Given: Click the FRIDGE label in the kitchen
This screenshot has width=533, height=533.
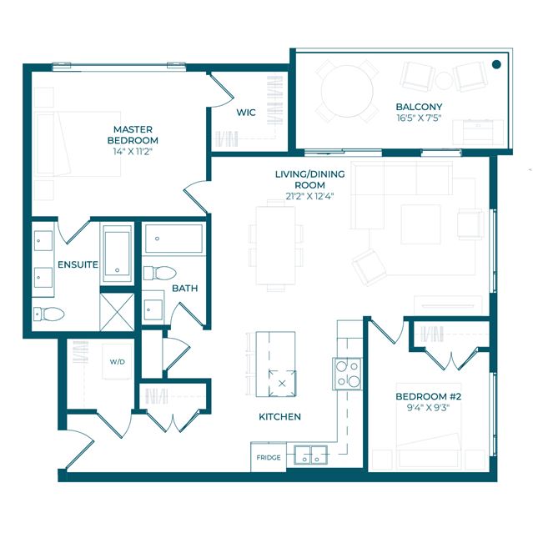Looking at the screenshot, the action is [x=269, y=458].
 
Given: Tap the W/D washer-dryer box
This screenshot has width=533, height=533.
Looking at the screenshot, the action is [x=117, y=362].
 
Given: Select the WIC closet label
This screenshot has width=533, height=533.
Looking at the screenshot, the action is [x=246, y=113].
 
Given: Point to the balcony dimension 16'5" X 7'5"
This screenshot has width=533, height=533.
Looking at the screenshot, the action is [x=419, y=118].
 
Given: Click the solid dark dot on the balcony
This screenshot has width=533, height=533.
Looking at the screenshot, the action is [x=496, y=64].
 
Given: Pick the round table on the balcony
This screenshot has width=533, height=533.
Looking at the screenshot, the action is [x=347, y=91].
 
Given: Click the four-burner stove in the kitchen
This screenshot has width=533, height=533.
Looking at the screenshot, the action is [x=347, y=374].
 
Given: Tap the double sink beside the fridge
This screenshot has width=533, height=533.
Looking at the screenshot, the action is [x=310, y=455].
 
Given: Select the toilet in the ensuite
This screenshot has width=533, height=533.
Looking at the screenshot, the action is [x=49, y=314].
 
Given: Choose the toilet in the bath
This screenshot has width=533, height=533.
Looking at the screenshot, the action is [x=160, y=273].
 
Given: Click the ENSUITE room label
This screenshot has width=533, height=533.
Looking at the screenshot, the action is [x=78, y=264].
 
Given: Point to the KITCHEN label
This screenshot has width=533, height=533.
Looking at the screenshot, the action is [x=279, y=417].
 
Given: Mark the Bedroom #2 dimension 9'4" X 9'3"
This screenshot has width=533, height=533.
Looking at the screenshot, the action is [x=428, y=407].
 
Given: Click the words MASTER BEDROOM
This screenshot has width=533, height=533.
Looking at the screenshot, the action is [x=133, y=134].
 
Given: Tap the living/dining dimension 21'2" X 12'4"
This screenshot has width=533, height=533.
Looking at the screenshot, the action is [x=309, y=196].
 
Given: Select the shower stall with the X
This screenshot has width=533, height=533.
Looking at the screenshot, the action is [x=118, y=312].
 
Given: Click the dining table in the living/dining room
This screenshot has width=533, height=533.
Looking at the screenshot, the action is [x=276, y=245].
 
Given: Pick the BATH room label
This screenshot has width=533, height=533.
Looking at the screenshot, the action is [x=184, y=289].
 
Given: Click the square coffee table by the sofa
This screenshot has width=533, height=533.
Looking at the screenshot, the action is [x=421, y=224].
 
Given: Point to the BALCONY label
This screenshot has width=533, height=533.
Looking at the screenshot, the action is [x=419, y=107].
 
